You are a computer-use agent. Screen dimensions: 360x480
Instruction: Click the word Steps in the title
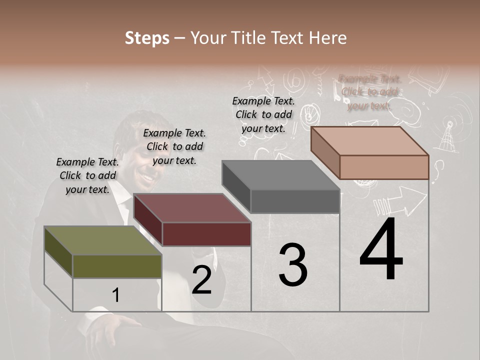[147, 38]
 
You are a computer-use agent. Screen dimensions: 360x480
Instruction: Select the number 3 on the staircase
[293, 265]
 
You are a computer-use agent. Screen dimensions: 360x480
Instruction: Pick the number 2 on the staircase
[202, 280]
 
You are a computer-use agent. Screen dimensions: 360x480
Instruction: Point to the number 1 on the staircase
[116, 295]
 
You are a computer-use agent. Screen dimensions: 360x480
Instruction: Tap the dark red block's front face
[206, 234]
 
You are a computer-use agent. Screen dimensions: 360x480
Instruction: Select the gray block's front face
[295, 201]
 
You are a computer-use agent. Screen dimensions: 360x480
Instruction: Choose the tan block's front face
[384, 167]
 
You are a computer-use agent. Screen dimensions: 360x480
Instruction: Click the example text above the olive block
[87, 176]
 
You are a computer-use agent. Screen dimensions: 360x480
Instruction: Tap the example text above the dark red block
[174, 146]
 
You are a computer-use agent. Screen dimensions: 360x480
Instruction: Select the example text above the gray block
[263, 114]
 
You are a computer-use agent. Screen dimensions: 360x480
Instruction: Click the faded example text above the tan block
[369, 92]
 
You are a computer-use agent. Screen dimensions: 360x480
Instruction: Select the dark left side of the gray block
[236, 187]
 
